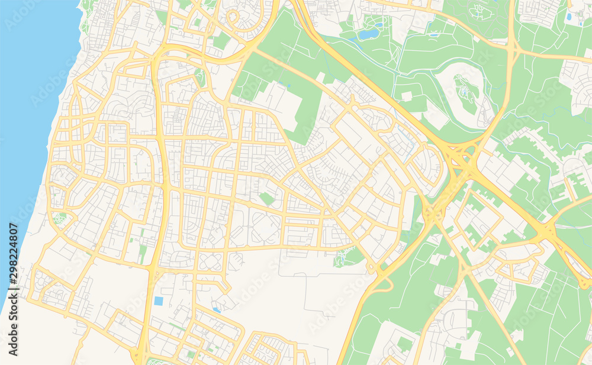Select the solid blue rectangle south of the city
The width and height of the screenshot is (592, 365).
pos(159,301)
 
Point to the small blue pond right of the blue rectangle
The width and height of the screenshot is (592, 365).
pos(217,309)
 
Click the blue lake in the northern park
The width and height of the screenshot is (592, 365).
pos(368,34)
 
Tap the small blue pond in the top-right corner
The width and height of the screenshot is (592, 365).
pos(569,17)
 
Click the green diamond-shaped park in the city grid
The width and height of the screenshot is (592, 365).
pos(267,199)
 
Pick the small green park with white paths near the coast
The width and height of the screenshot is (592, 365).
pos(59,218)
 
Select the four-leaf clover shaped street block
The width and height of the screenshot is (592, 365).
pos(210,261)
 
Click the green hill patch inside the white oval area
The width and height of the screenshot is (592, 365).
pos(468,95)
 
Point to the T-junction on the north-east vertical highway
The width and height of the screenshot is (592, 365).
pos(513,51)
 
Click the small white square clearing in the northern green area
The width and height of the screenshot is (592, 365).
pos(406,96)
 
